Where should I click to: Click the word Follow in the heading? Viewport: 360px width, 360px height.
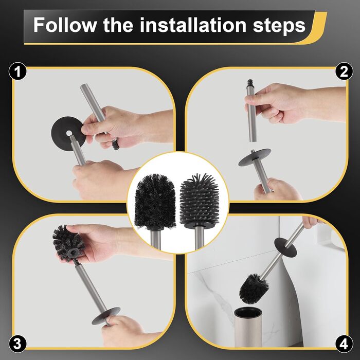tap(65, 25)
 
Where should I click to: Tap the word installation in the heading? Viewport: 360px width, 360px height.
tap(193, 25)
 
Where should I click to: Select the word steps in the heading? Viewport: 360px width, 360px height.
tap(279, 26)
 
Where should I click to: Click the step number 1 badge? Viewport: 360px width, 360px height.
tap(17, 71)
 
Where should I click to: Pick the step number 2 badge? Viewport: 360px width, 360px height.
tap(344, 71)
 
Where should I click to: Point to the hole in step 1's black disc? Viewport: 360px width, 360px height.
tap(69, 133)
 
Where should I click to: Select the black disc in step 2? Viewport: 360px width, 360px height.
tap(255, 157)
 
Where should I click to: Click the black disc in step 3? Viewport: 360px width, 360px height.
tap(106, 316)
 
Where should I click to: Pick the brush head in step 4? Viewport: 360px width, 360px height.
tap(254, 288)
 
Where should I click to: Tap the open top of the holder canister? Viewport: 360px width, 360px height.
tap(248, 312)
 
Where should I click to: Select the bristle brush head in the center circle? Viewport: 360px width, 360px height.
tap(155, 202)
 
